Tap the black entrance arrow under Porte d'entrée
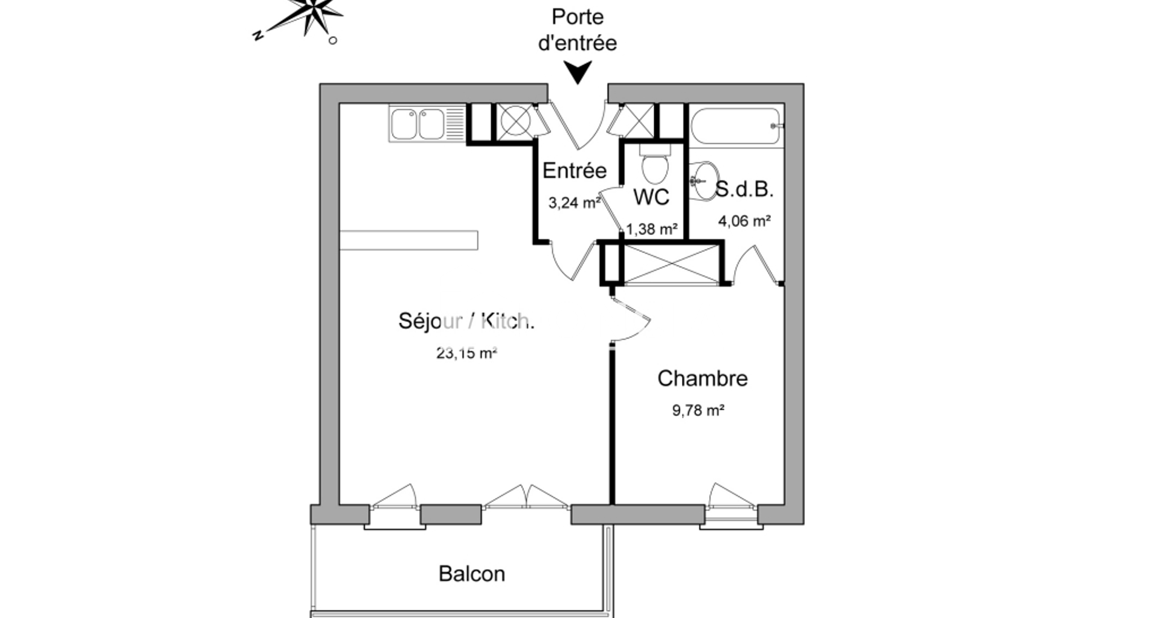[579, 73]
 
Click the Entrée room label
[575, 171]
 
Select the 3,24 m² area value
[575, 203]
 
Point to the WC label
[651, 197]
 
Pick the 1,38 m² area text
[651, 229]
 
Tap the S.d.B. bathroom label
[744, 190]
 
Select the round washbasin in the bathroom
[703, 180]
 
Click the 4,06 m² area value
[744, 221]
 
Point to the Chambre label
[703, 378]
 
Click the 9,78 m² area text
[698, 410]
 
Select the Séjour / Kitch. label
[466, 321]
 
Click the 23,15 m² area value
[466, 353]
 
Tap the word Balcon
[472, 573]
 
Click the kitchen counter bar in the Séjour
[408, 240]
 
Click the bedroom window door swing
[732, 495]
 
